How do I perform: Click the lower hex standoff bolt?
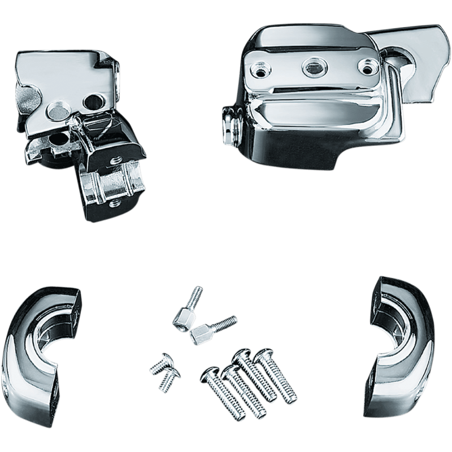[209, 333]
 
